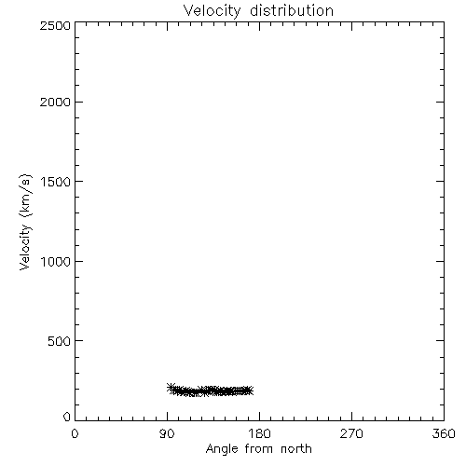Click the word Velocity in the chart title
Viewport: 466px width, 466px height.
[x=212, y=11]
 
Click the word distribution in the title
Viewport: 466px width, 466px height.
[x=292, y=10]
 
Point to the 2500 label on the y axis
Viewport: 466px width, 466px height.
[x=55, y=25]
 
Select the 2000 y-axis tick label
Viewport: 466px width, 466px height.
[x=55, y=102]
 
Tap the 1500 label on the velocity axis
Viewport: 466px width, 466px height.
[x=56, y=182]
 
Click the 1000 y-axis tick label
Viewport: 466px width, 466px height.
[x=56, y=261]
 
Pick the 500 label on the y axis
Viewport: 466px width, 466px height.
[x=60, y=341]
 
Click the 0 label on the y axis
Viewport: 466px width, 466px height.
[x=67, y=417]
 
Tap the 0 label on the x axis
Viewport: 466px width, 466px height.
[x=75, y=433]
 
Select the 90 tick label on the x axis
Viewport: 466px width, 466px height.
[x=167, y=433]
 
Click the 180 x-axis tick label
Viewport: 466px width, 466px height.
[x=259, y=433]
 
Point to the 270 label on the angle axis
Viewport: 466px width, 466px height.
[x=351, y=433]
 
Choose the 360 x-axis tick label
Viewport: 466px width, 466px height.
[x=444, y=433]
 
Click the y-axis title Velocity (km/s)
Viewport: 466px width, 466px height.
[x=25, y=222]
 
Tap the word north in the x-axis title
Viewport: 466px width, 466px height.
[x=296, y=448]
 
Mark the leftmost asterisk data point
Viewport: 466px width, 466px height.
[x=171, y=388]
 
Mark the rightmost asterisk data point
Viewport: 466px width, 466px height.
[x=249, y=391]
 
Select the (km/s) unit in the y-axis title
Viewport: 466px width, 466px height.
[x=25, y=196]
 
